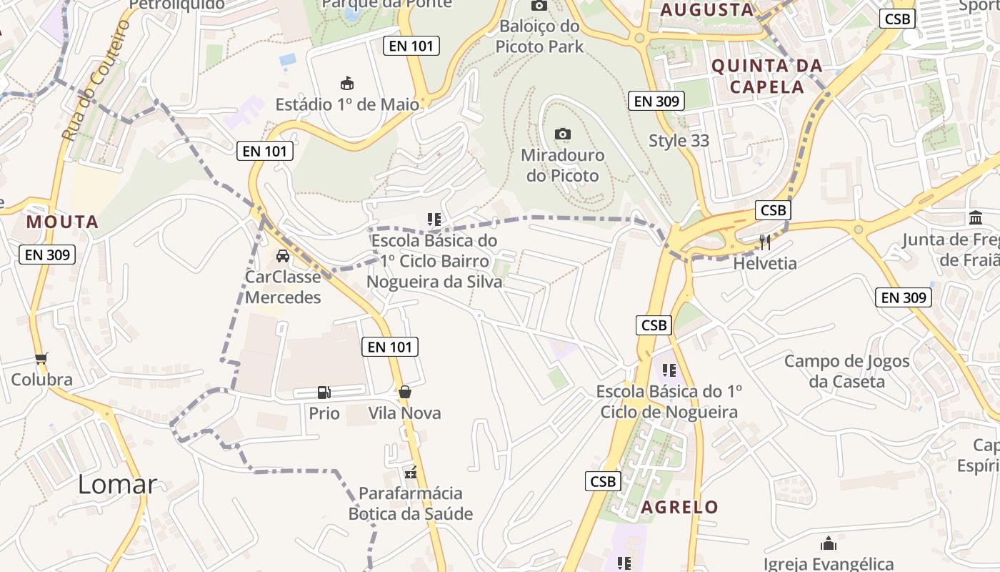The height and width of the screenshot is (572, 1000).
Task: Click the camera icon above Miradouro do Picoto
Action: click(563, 134)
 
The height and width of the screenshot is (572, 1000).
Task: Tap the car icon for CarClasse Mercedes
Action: click(283, 256)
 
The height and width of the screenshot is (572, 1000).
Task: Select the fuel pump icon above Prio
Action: click(324, 392)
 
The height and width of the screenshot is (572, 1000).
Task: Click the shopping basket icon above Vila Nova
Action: click(405, 392)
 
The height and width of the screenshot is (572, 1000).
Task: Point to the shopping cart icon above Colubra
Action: click(41, 358)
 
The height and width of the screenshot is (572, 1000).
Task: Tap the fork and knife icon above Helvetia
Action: click(765, 242)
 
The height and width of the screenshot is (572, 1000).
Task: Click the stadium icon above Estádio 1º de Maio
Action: click(347, 83)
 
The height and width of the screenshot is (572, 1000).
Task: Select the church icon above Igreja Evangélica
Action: click(829, 543)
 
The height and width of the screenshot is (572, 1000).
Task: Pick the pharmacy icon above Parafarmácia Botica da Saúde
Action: click(411, 472)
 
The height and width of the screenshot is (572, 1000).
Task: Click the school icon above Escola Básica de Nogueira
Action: click(669, 370)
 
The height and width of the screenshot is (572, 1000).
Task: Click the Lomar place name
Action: click(117, 484)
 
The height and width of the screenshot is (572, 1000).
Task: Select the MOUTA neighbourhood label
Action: click(62, 222)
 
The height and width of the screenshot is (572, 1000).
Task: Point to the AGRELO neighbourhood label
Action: click(679, 508)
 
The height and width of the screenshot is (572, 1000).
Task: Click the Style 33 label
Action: click(679, 141)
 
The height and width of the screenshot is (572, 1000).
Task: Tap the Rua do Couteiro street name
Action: click(96, 80)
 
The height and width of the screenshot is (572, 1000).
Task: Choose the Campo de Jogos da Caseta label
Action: click(847, 371)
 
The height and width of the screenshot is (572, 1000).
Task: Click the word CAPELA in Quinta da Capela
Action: click(766, 87)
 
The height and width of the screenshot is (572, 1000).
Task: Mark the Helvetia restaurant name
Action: click(765, 263)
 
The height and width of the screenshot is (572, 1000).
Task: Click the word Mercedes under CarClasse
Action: click(283, 297)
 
